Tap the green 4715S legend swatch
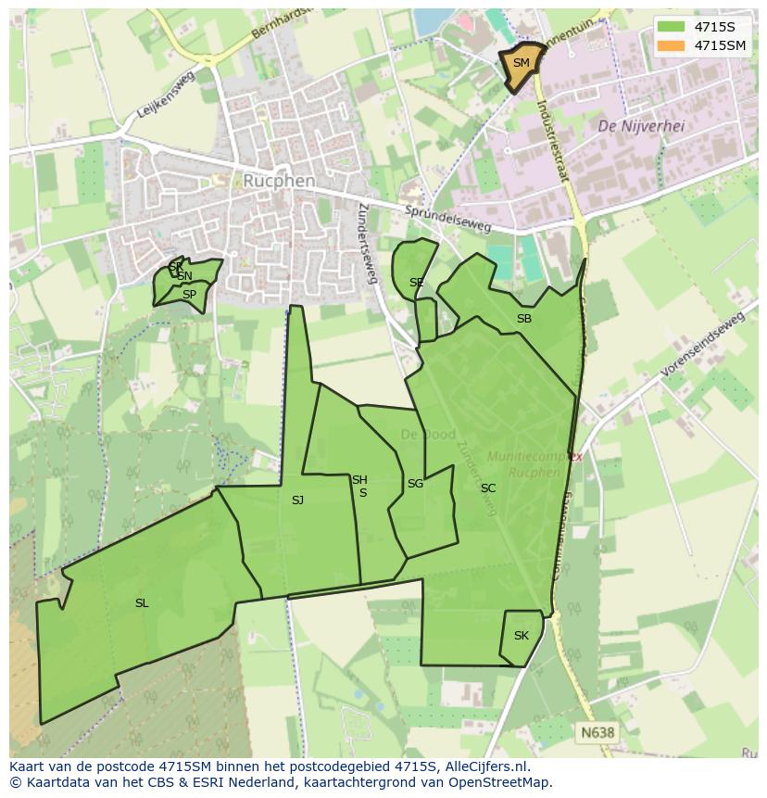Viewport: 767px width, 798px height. tap(671, 27)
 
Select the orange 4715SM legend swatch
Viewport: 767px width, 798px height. tap(671, 45)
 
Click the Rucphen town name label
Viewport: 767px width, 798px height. tap(279, 181)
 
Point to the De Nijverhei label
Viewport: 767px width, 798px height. tap(641, 126)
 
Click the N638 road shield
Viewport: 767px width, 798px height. tap(597, 732)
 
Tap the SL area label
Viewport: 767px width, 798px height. tap(142, 603)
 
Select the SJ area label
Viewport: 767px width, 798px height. tap(297, 500)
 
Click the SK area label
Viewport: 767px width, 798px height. tap(521, 636)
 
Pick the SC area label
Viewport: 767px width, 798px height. tap(488, 488)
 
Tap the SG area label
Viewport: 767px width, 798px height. tap(415, 484)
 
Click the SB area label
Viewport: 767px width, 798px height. tap(524, 319)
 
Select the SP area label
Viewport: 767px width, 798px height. tap(189, 295)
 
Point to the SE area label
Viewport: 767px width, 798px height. tap(417, 283)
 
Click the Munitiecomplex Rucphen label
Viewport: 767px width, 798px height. tap(535, 464)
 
